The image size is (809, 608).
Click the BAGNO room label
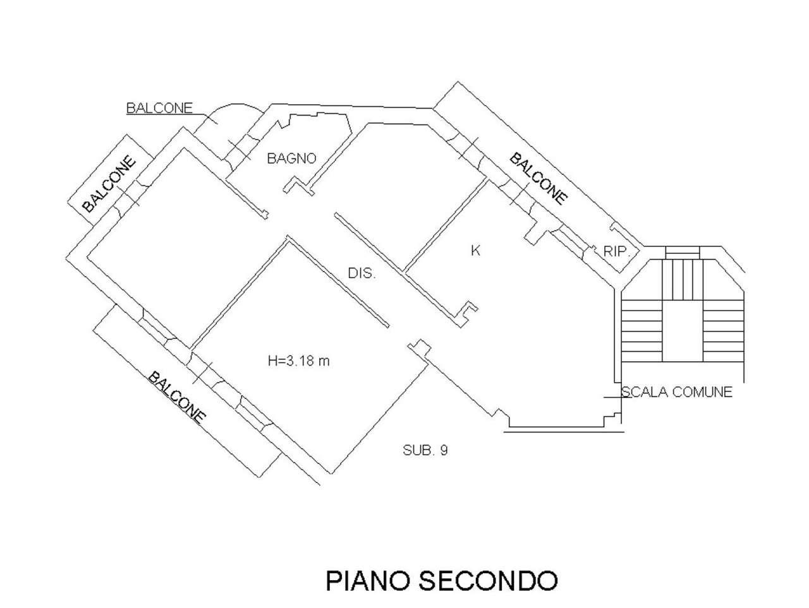tap(291, 158)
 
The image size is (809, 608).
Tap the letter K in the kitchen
tap(476, 251)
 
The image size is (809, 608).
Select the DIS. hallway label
tap(362, 274)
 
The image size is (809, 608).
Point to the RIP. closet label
tap(617, 251)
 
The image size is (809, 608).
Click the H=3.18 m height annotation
tap(300, 361)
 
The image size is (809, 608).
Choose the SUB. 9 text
tap(425, 450)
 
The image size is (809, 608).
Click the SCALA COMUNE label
tap(677, 392)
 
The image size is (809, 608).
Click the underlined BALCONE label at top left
tap(159, 108)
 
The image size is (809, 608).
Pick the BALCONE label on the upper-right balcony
tap(538, 178)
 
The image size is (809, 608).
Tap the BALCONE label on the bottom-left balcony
tap(177, 397)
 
